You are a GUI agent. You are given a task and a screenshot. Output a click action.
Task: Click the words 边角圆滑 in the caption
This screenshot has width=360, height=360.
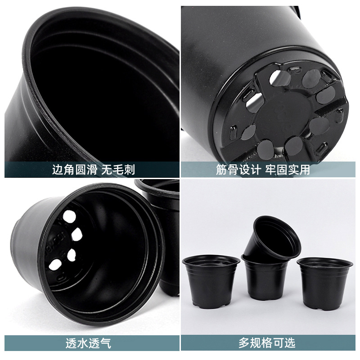pyautogui.click(x=74, y=170)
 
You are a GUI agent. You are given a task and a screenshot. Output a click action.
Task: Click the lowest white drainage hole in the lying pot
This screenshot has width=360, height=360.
pyautogui.click(x=54, y=265)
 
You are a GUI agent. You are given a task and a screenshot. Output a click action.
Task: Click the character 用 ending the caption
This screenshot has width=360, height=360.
pyautogui.click(x=304, y=170)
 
